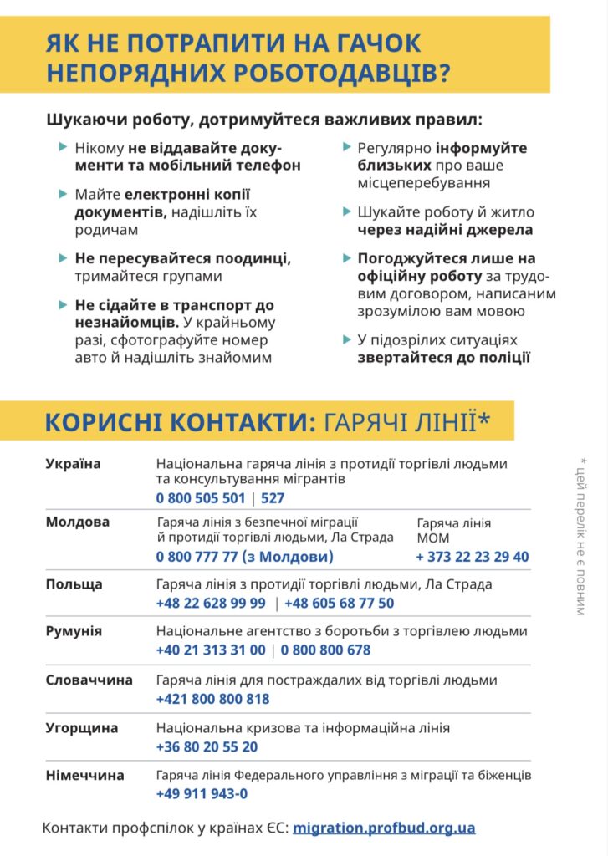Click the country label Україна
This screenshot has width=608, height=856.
tap(73, 464)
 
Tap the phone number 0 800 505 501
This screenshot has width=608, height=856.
tap(201, 498)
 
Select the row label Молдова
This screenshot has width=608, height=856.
tap(77, 522)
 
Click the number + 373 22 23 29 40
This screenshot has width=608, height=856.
tap(472, 557)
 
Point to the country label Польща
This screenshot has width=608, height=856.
tap(74, 584)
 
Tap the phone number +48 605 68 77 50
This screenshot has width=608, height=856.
tap(340, 603)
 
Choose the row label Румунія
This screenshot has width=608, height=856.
tap(74, 631)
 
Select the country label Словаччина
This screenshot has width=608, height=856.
tap(89, 680)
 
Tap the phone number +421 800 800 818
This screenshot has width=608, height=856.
tap(212, 699)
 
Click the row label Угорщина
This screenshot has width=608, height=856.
tap(81, 728)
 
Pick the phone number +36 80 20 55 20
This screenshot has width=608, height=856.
tap(207, 747)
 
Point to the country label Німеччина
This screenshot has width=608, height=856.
tap(84, 776)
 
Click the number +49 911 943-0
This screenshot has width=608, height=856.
tap(202, 794)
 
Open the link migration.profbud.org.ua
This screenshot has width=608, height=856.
tap(384, 828)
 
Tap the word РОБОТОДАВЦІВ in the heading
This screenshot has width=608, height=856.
tap(335, 73)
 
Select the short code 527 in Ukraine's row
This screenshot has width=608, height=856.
tap(273, 498)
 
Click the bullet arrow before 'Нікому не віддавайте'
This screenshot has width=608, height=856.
tap(63, 147)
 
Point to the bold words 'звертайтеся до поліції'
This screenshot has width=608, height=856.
tap(443, 359)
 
